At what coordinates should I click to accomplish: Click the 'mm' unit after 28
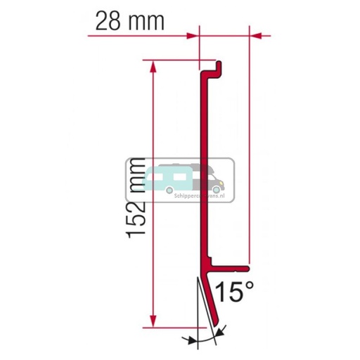[x=146, y=20]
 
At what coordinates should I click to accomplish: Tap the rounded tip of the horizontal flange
[x=248, y=267]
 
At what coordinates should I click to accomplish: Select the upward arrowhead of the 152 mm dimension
[x=151, y=65]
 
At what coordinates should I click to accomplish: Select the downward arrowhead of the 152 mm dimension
[x=151, y=323]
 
